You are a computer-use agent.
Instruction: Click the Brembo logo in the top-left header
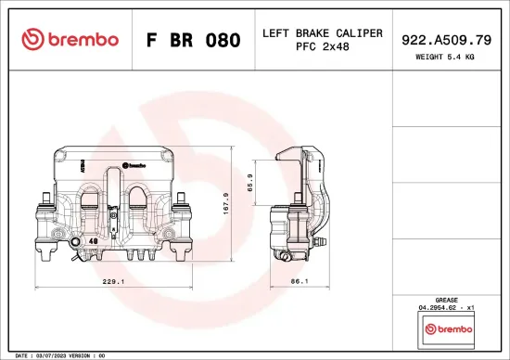coord(70,39)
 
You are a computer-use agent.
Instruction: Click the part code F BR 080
coord(194,41)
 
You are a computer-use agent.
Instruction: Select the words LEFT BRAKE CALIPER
coord(323,32)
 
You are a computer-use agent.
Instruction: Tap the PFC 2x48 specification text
coord(323,47)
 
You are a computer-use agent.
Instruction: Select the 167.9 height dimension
coord(251,201)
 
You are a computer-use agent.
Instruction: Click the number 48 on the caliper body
coord(95,240)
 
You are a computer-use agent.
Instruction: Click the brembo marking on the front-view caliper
coord(136,164)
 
